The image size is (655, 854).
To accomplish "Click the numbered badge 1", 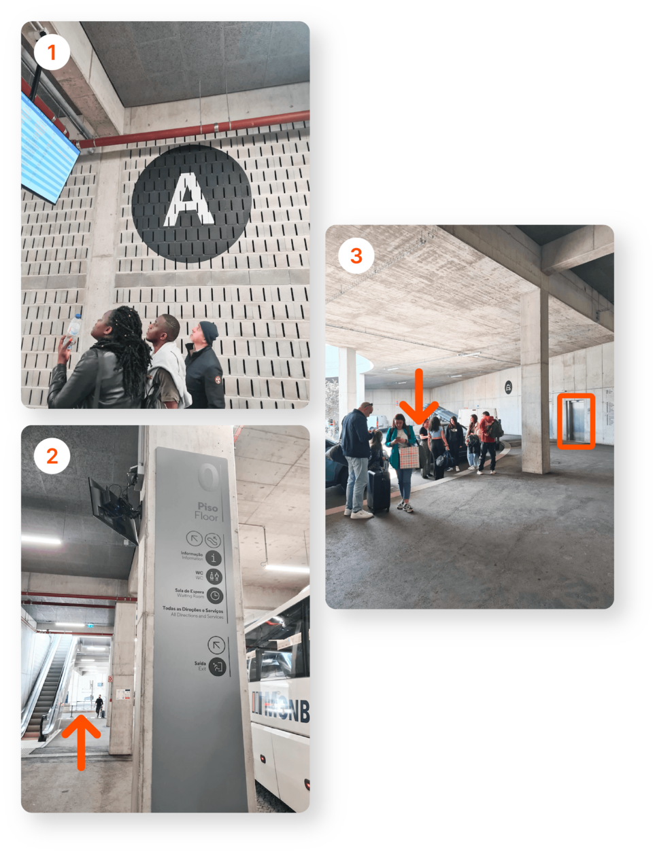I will pyautogui.click(x=52, y=52).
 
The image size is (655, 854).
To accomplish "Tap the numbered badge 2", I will pyautogui.click(x=52, y=456).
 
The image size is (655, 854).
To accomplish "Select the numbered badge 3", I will pyautogui.click(x=356, y=256).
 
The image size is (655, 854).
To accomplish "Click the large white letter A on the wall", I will pyautogui.click(x=190, y=200).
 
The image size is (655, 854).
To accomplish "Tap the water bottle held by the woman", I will pyautogui.click(x=73, y=331).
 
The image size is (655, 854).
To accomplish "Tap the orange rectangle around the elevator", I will pyautogui.click(x=576, y=421).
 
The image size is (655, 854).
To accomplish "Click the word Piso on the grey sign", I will pyautogui.click(x=207, y=507).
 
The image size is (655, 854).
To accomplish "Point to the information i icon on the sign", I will pyautogui.click(x=214, y=558).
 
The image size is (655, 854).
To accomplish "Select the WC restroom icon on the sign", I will pyautogui.click(x=215, y=576).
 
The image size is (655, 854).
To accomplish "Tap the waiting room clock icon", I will pyautogui.click(x=214, y=596).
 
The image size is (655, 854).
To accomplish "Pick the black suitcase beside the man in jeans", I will pyautogui.click(x=379, y=489).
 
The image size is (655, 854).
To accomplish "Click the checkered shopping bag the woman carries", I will pyautogui.click(x=409, y=457).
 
